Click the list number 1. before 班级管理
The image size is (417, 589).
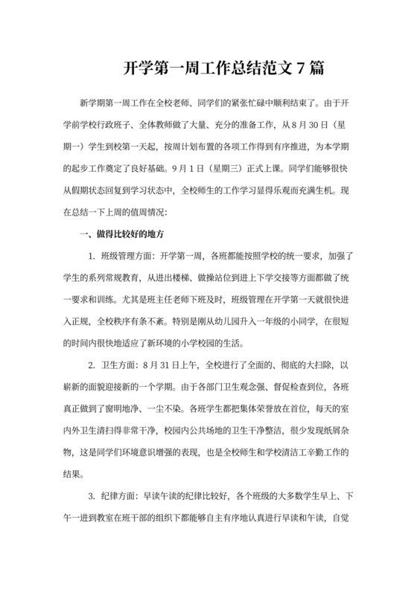91,257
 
